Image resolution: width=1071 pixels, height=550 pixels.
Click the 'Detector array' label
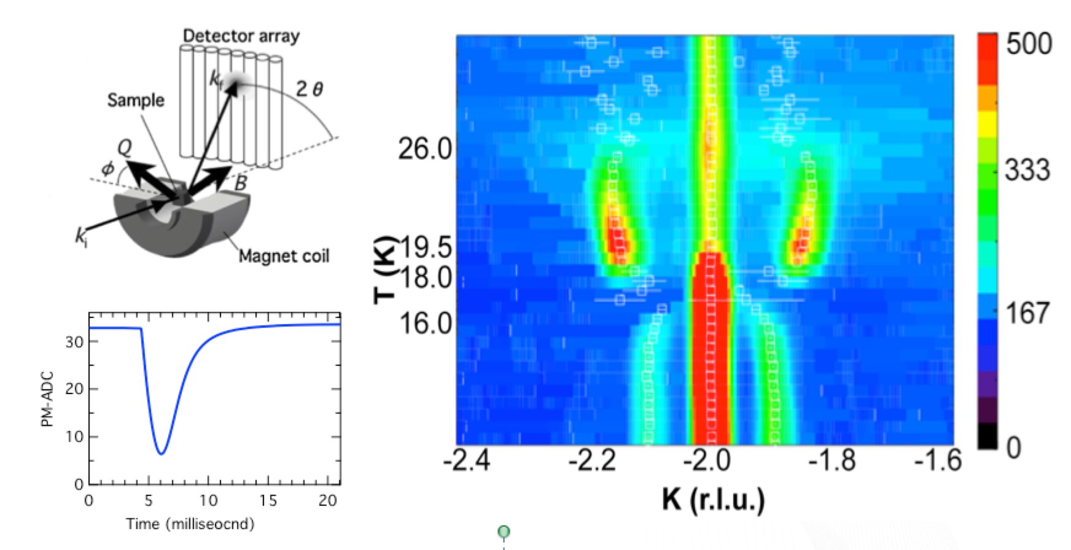[x=241, y=36]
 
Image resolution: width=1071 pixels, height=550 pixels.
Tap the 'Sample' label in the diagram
[x=136, y=100]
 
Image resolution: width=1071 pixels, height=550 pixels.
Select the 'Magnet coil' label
[x=284, y=255]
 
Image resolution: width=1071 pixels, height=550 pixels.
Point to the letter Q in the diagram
[x=124, y=147]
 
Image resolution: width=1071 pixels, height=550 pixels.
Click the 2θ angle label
[x=309, y=90]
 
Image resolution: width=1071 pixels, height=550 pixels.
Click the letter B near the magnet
[x=241, y=182]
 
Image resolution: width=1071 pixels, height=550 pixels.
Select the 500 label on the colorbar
[x=1029, y=44]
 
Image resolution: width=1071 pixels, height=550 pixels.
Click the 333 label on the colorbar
[x=1027, y=170]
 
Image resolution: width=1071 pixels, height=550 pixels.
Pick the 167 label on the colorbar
[x=1027, y=312]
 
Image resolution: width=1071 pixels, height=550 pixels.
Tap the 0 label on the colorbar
[x=1013, y=447]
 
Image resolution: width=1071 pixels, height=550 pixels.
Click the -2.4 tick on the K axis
[x=467, y=460]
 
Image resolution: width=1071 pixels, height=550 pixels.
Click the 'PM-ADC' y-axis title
[x=50, y=399]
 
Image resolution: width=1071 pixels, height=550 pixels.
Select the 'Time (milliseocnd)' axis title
[x=190, y=524]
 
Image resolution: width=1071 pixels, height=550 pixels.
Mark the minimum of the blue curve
[x=161, y=454]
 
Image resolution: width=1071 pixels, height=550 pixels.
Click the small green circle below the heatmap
[x=504, y=532]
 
